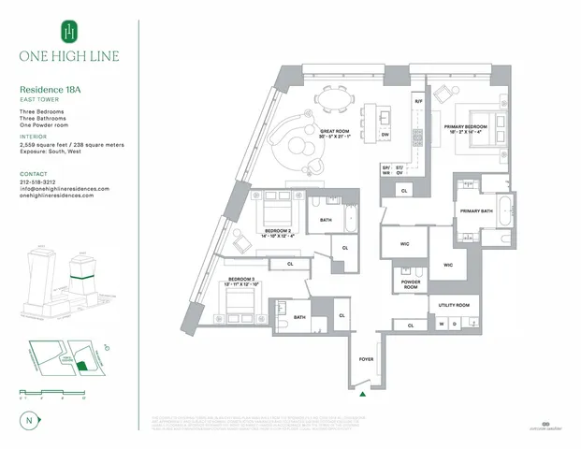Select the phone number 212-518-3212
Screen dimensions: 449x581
(44, 181)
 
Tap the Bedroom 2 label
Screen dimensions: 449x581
(277, 233)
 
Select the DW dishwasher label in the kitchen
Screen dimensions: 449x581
(385, 135)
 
